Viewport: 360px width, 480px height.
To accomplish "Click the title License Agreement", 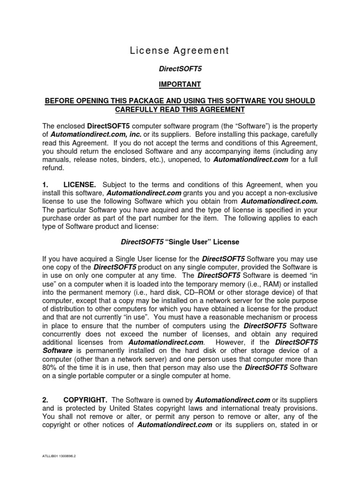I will coord(180,51).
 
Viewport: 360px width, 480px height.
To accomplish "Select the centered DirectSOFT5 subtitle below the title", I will coord(180,68).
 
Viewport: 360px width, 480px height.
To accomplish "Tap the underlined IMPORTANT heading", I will coord(180,84).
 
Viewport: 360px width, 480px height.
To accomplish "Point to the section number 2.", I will coord(45,400).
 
